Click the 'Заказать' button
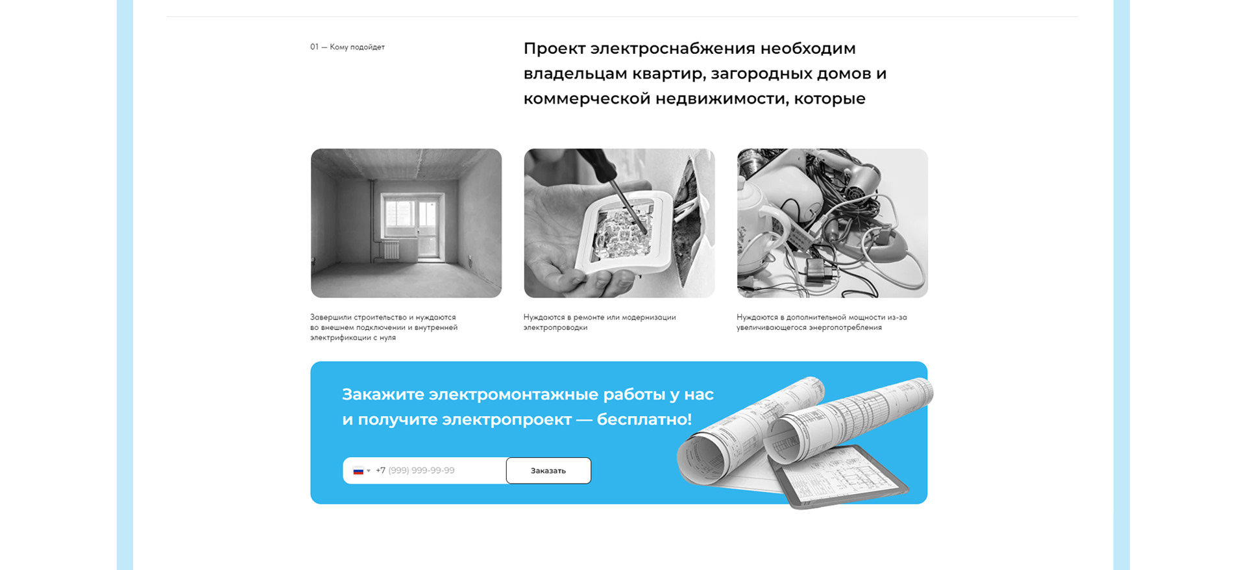548,471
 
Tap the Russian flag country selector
361,471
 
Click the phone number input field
435,471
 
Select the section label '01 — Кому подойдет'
347,47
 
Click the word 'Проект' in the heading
552,49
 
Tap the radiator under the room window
391,250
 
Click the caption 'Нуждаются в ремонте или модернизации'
600,317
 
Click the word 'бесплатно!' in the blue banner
644,419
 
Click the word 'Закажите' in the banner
383,395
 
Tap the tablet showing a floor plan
844,480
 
